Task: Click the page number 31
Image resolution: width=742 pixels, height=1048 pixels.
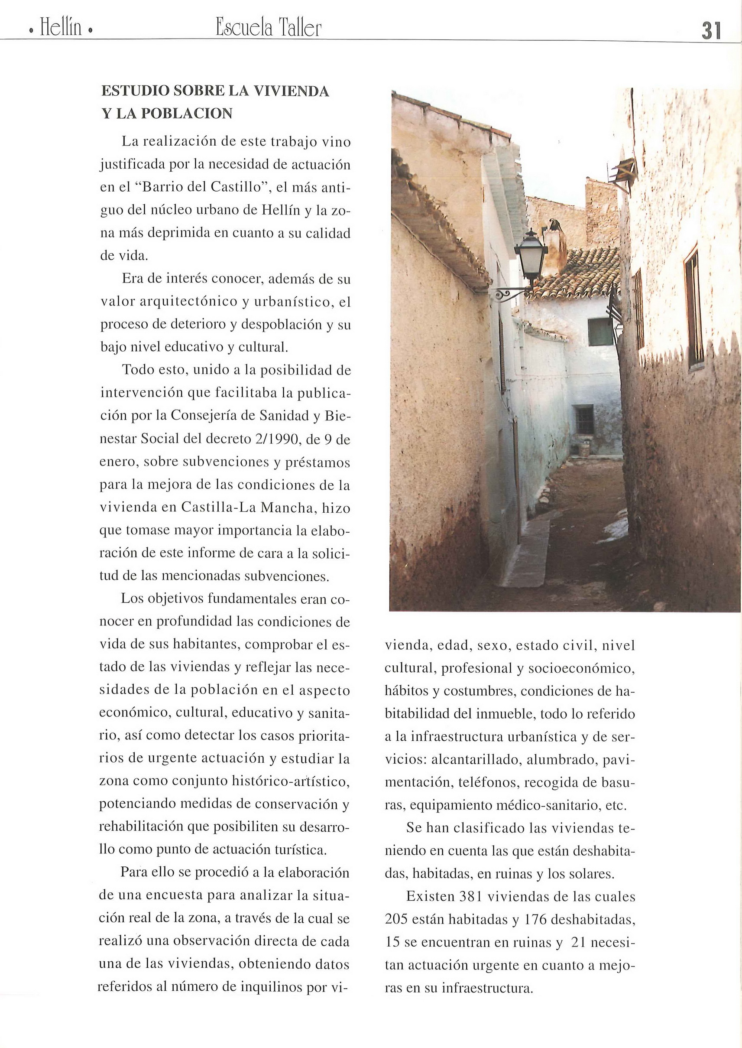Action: [x=711, y=31]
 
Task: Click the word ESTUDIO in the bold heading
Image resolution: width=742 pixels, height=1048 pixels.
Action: [x=135, y=91]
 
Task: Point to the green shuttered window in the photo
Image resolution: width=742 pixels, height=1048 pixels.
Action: [x=599, y=332]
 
